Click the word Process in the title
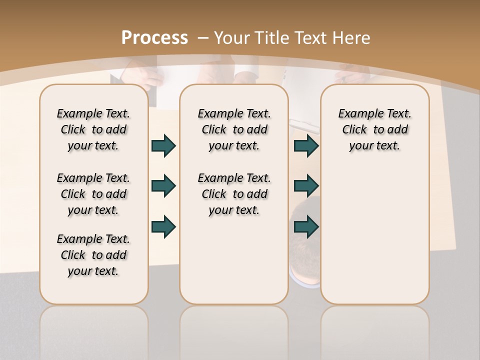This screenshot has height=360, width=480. [154, 38]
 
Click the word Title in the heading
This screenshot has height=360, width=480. [273, 38]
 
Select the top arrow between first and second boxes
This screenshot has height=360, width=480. [163, 146]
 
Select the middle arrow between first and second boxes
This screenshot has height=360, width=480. [163, 186]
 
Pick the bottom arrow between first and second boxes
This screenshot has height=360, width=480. [163, 227]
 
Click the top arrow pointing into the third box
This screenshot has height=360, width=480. [306, 146]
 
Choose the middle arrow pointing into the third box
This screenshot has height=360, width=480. [306, 186]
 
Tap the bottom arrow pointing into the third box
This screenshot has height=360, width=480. [306, 227]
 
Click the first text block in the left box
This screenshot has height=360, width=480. [93, 129]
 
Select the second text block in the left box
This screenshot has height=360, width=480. [93, 194]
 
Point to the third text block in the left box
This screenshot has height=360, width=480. [93, 255]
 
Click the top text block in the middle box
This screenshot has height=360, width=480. [234, 129]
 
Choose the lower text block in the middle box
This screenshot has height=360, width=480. [234, 194]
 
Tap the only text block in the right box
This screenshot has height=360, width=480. [374, 129]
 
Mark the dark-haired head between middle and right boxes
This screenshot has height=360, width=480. [305, 250]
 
